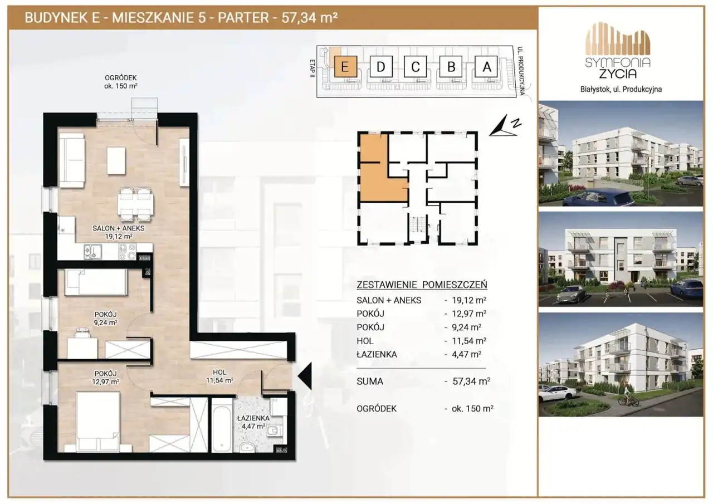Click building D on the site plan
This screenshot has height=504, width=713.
tap(380, 66)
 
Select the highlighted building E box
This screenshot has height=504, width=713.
tap(345, 66)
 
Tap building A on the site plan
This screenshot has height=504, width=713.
tap(486, 66)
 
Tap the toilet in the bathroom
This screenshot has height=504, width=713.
tap(275, 432)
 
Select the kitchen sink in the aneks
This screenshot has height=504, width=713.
tap(92, 252)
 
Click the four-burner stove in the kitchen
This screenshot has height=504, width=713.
tap(128, 252)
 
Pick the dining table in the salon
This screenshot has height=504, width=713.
tap(135, 204)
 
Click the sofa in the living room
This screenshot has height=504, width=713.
tap(72, 160)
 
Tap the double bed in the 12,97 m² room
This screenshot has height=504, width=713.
tap(98, 422)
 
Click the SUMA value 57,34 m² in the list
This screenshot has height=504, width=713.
tap(471, 381)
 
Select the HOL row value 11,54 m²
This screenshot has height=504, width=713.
tap(469, 341)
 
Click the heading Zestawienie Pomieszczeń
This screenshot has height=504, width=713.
tap(422, 285)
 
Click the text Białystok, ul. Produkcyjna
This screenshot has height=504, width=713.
tap(621, 90)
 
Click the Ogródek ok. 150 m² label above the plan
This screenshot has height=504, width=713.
tap(121, 82)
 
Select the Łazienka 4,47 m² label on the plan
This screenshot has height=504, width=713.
tap(253, 422)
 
